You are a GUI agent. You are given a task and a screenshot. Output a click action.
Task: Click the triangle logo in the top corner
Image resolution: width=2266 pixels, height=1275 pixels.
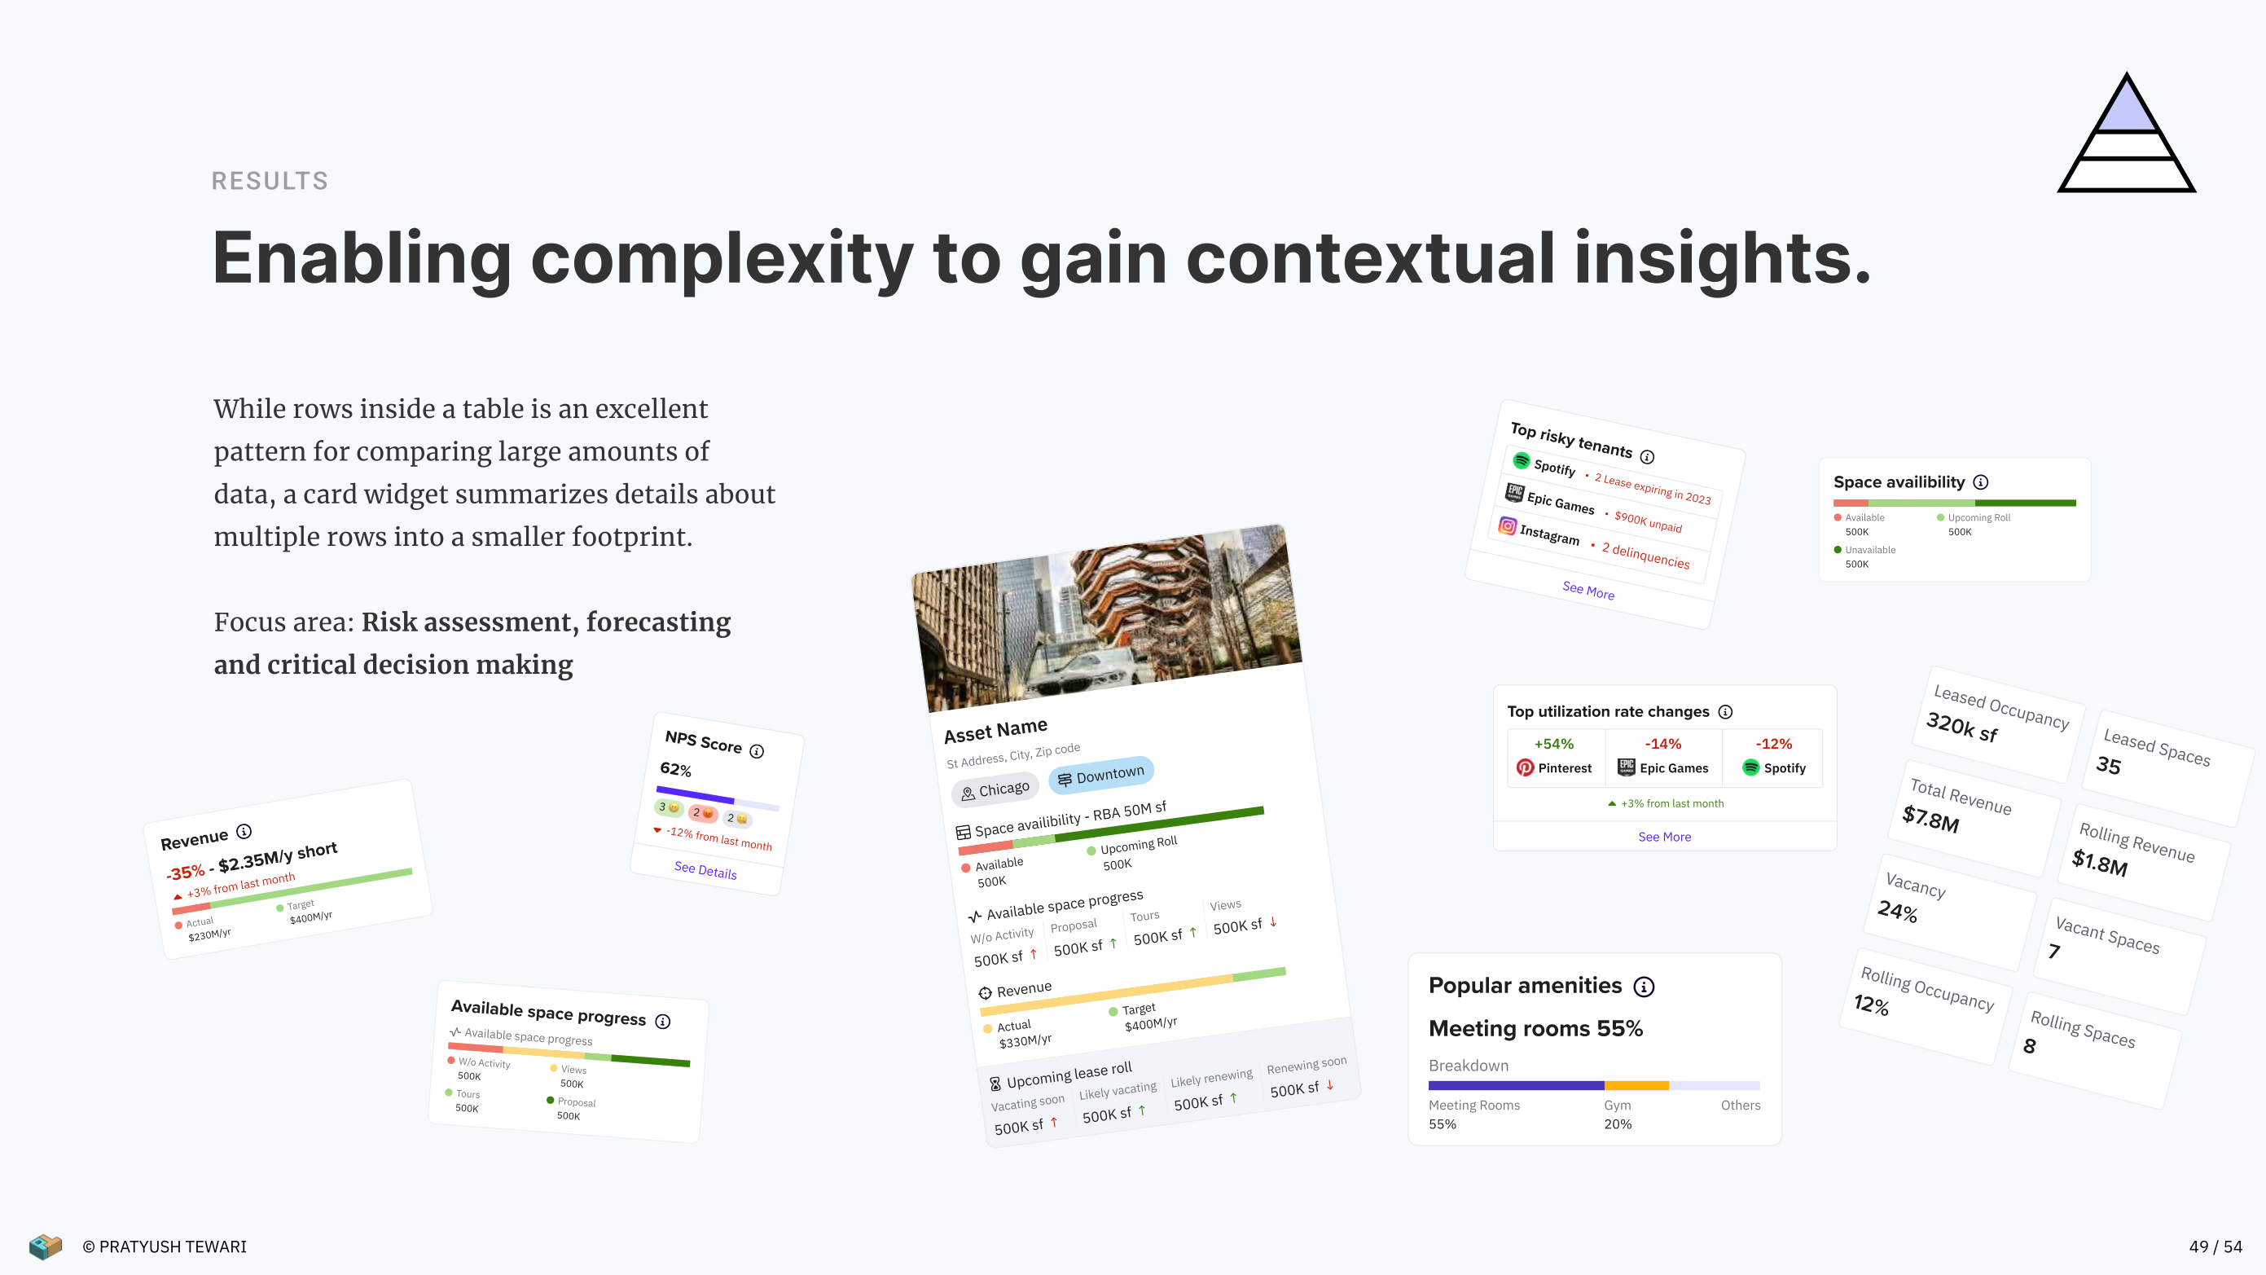point(2126,134)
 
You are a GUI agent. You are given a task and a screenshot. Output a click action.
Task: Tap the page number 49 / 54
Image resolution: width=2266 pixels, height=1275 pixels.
point(2215,1246)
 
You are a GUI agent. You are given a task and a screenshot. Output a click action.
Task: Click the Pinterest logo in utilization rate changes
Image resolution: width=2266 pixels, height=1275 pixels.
point(1526,768)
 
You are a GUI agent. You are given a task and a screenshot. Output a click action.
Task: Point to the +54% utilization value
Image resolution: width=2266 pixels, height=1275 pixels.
point(1553,744)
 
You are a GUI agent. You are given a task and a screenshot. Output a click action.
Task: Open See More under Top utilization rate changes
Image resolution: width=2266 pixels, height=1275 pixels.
point(1664,837)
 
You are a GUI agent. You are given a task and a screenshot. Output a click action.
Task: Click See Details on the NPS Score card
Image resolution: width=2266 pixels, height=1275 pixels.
point(705,870)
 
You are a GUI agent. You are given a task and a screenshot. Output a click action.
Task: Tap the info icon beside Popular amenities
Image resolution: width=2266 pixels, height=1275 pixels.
point(1643,987)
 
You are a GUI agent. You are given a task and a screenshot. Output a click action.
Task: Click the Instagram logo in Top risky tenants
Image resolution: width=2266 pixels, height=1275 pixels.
point(1508,525)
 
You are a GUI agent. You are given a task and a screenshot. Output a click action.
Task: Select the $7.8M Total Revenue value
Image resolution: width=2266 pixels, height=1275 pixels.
point(1931,818)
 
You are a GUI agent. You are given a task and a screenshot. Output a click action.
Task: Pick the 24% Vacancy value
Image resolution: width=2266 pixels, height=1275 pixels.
point(1897,910)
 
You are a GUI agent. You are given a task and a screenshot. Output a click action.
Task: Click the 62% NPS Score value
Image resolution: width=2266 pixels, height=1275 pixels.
point(675,769)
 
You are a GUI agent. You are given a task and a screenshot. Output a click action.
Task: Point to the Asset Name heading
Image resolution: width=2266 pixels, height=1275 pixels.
point(996,730)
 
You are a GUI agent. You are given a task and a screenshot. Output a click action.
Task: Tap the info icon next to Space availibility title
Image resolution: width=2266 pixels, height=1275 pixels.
point(1981,482)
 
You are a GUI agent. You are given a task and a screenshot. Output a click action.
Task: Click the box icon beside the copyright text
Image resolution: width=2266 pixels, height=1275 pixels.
point(45,1246)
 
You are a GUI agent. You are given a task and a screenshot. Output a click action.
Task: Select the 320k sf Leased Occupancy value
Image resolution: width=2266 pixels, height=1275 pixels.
point(1962,727)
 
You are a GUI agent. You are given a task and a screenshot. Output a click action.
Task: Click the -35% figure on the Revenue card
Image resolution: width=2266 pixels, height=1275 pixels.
point(186,872)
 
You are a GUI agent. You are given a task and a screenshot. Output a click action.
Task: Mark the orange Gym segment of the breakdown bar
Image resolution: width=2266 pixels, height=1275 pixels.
point(1636,1086)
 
